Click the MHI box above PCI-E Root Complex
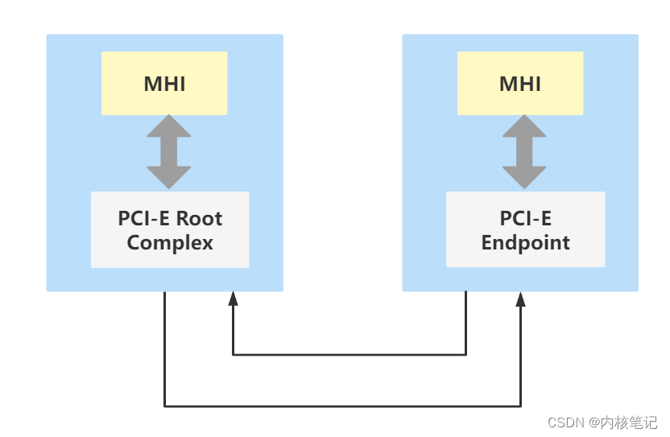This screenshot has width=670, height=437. click(x=164, y=83)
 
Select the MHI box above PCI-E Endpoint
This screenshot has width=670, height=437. click(x=520, y=83)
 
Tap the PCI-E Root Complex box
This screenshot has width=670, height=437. click(x=170, y=229)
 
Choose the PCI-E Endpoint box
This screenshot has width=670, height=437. click(x=525, y=229)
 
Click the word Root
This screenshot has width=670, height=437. click(x=199, y=218)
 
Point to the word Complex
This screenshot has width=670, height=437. click(x=170, y=242)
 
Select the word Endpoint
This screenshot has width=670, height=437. click(x=525, y=242)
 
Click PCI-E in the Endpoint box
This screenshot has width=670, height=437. click(x=525, y=218)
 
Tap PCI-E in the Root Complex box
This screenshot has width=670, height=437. click(x=145, y=218)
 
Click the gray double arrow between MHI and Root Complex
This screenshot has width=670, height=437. click(x=169, y=151)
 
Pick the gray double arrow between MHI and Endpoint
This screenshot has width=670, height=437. click(x=524, y=151)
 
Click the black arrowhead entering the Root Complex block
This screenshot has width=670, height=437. click(x=233, y=299)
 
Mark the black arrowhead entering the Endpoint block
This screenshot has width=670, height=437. click(x=521, y=299)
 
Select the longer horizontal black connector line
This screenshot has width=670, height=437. click(x=342, y=406)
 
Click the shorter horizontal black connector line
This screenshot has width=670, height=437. click(x=349, y=354)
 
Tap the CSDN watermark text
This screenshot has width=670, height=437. click(x=565, y=423)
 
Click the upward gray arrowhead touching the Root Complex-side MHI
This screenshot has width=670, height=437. click(x=169, y=126)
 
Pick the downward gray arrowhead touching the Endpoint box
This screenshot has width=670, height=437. click(x=524, y=178)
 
